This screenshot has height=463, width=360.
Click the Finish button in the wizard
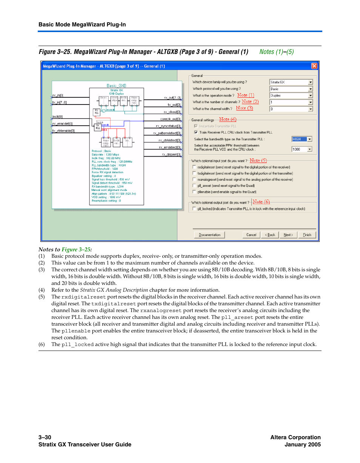coord(307,235)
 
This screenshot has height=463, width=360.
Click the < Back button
coord(270,235)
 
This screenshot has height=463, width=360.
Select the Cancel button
coord(251,235)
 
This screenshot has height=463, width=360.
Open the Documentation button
coord(209,235)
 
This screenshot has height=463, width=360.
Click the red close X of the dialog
coord(314,66)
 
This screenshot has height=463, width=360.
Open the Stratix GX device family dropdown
coord(291,82)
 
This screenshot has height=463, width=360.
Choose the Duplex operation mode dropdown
coord(291,95)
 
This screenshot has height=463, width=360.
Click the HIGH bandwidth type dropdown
coord(302,139)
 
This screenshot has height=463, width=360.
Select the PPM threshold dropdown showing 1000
coord(302,149)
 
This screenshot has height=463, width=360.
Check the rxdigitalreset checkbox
coord(194,167)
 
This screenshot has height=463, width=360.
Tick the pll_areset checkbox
coord(194,186)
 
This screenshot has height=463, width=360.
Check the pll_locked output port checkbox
coord(194,209)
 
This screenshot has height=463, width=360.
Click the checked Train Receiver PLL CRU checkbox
coord(196,132)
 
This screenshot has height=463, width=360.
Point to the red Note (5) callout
coord(258,160)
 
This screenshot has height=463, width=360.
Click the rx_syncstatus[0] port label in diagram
coord(168,126)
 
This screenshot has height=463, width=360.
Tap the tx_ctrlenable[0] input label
coord(64,131)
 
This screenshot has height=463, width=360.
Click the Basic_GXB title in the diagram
coord(116,86)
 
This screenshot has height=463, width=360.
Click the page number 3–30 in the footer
coord(45,437)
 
